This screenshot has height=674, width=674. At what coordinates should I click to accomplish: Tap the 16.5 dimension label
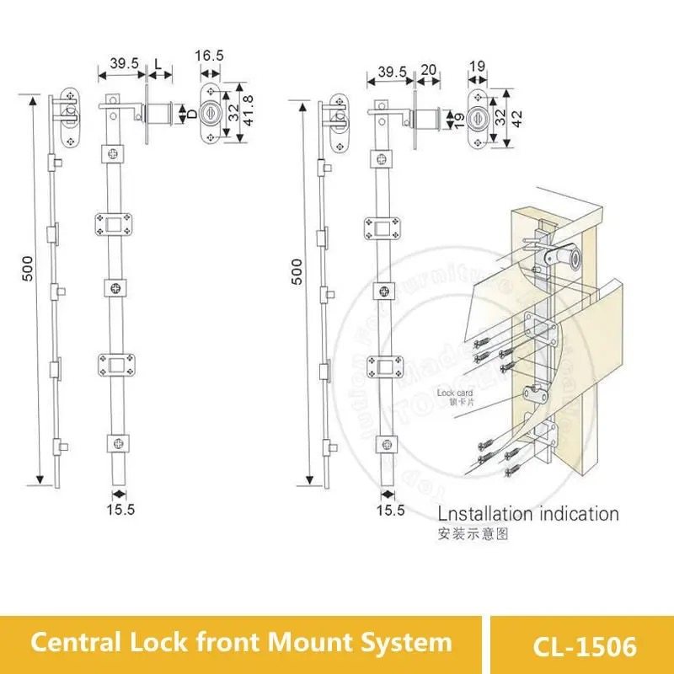click(209, 56)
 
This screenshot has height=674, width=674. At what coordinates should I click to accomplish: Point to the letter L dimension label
click(159, 64)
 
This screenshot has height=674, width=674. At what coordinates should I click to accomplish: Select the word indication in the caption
click(580, 514)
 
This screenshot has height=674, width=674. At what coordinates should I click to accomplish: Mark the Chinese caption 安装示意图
click(462, 534)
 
